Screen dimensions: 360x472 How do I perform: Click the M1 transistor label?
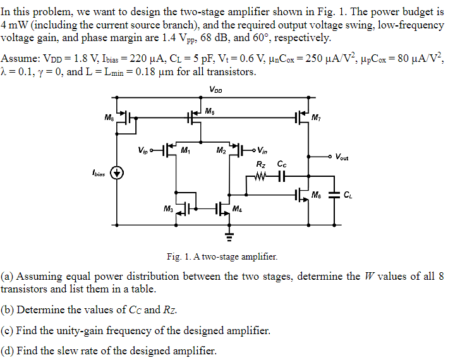click(x=185, y=150)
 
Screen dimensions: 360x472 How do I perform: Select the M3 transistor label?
click(x=167, y=209)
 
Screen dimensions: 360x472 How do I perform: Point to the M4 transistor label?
click(x=236, y=209)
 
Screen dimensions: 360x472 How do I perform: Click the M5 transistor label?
click(x=209, y=111)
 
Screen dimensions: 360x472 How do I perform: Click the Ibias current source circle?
click(x=116, y=172)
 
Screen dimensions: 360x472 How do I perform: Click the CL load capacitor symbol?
click(x=335, y=194)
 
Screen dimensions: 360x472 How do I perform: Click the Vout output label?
click(x=342, y=157)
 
